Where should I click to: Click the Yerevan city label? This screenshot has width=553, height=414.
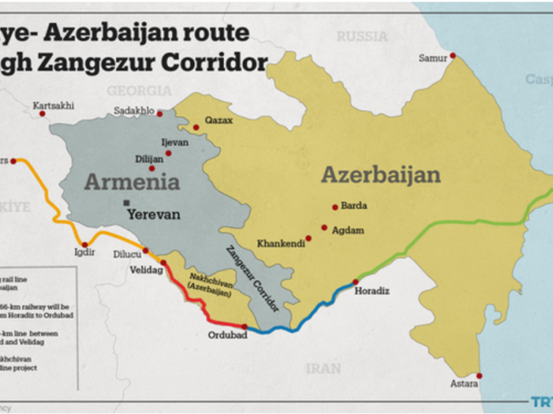pos(154,214)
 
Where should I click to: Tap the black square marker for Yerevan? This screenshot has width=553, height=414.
pos(126,202)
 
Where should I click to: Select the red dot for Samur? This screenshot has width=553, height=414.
pos(452,55)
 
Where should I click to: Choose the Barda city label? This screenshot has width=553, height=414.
pos(355,205)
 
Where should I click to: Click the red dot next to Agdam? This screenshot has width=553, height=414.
pos(324,227)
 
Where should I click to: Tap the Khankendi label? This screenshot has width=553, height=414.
pos(281,244)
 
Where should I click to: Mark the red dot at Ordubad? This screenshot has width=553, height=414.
pos(244,326)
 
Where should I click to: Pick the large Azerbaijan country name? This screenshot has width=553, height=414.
pos(380,175)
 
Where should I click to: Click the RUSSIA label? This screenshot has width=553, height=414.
pos(361,36)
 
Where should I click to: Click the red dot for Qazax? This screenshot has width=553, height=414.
pos(195,127)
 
